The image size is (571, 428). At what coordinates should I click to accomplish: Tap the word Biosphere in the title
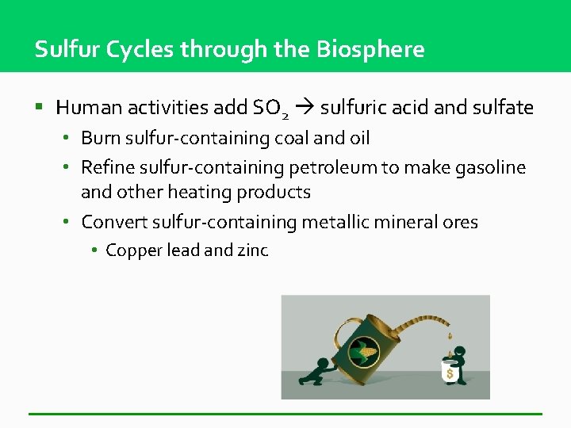(370, 50)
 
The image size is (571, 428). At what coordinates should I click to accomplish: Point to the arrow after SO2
(304, 107)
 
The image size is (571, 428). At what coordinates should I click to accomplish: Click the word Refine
(108, 168)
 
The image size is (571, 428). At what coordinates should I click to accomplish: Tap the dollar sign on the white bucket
(450, 373)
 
